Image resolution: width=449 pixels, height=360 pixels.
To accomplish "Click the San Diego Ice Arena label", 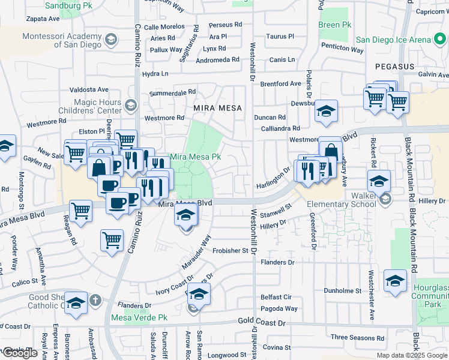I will (x=401, y=40).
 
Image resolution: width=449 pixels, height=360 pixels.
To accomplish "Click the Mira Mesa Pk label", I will (x=196, y=157).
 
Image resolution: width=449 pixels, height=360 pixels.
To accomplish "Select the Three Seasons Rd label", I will (x=357, y=337).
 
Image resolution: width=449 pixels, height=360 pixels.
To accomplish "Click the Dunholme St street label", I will (x=342, y=291).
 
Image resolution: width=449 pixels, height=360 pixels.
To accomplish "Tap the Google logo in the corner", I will (x=20, y=353).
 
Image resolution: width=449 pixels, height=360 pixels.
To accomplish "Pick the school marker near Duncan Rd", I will (x=326, y=112).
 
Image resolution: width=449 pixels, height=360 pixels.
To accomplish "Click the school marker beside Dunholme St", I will (x=395, y=281).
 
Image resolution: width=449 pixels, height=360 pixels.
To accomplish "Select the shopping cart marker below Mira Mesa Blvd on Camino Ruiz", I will (x=112, y=241).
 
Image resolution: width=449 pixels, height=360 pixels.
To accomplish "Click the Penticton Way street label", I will (x=343, y=50).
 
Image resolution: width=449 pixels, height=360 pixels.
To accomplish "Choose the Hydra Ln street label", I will (x=155, y=74).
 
